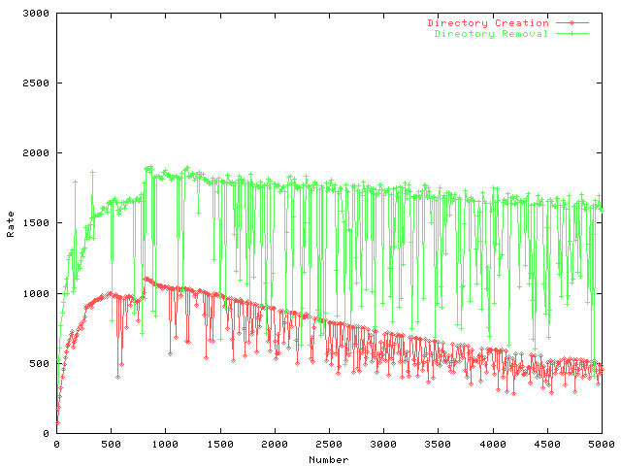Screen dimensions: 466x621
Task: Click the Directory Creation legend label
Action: (488, 22)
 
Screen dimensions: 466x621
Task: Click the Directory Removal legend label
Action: (491, 33)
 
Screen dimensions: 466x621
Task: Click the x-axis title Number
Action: (329, 459)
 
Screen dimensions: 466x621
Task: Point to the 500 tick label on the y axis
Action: (42, 363)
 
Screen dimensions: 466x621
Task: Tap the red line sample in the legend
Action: (573, 22)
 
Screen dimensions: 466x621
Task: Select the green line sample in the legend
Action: (573, 33)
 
